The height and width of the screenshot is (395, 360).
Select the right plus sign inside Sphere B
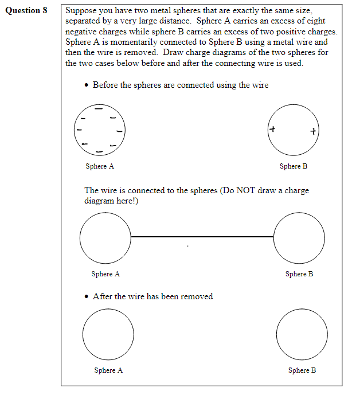tap(312, 131)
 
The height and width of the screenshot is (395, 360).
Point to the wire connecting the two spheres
tap(202, 236)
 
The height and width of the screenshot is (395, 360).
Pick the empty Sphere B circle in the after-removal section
tap(302, 335)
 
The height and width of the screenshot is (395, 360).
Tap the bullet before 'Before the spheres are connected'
tap(86, 85)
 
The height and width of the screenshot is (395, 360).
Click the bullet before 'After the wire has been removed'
tap(86, 297)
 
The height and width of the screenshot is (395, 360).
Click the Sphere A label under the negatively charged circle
tap(100, 166)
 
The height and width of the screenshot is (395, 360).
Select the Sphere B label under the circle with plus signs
tap(294, 166)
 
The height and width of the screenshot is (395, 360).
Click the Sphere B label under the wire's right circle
tap(299, 274)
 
